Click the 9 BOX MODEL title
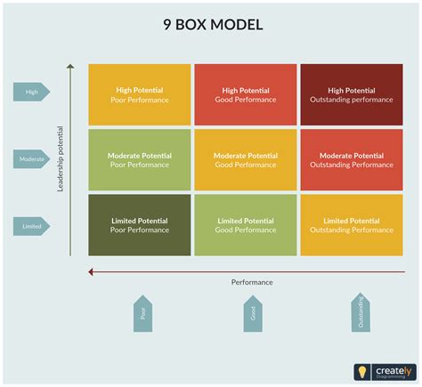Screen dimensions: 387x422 211,24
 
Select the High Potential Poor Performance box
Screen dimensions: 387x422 139,94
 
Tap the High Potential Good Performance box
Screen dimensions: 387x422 245,94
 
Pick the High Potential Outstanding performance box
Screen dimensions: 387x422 350,94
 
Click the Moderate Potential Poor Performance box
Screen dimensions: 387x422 139,160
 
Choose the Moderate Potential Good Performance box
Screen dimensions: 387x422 245,160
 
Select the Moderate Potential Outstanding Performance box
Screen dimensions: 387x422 350,160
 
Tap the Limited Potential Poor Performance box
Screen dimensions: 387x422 139,225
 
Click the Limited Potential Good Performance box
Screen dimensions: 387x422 245,225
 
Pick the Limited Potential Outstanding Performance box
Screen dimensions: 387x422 350,225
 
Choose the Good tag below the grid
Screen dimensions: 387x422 253,312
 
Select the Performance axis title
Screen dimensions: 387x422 252,282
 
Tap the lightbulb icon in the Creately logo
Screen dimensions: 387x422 362,372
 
